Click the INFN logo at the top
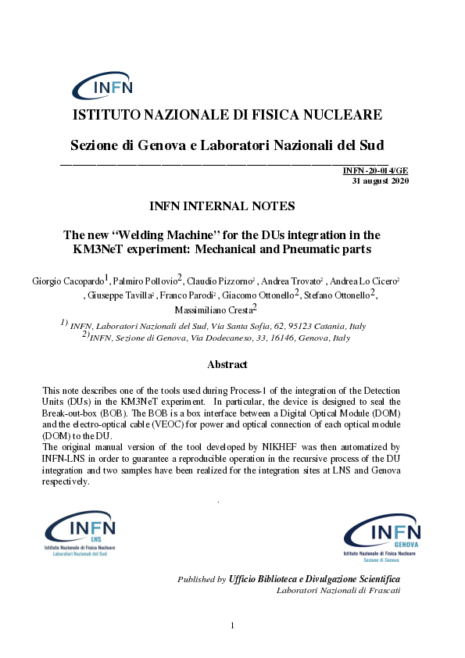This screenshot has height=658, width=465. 103,87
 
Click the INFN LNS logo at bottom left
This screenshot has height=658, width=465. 80,535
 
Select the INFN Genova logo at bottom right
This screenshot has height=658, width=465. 382,540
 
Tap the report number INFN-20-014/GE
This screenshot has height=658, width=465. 375,171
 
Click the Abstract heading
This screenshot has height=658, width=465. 227,364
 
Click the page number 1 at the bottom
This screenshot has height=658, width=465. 233,625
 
